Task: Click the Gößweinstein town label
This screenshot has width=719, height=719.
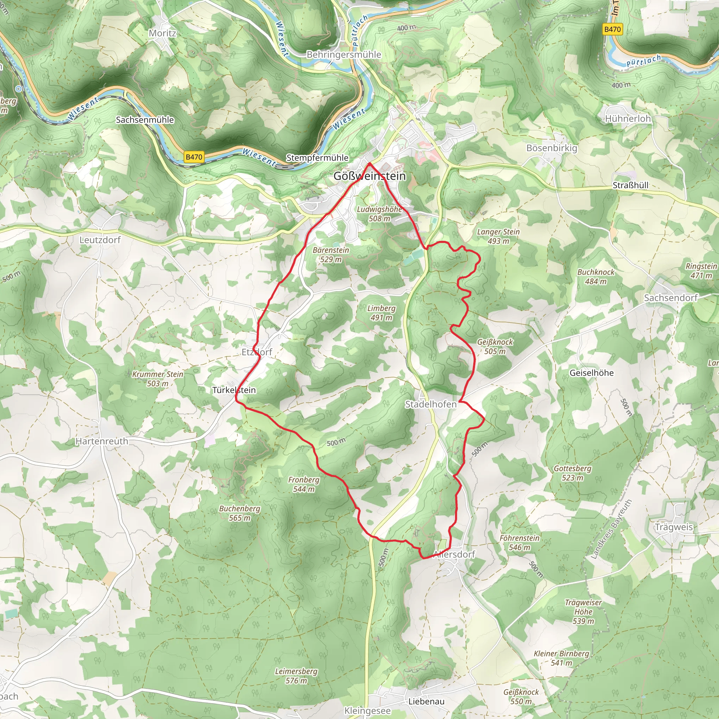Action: click(x=369, y=176)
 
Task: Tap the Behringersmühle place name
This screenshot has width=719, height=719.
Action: click(x=343, y=55)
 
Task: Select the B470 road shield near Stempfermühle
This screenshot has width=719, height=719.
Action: click(x=194, y=157)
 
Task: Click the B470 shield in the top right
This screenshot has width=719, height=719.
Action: click(x=612, y=29)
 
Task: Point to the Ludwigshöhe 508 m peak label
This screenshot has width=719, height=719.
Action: click(x=379, y=214)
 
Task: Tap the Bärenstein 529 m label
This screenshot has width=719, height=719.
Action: click(x=331, y=255)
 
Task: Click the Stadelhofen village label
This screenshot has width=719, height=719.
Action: click(x=430, y=404)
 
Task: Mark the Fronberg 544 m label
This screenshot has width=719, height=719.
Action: click(x=304, y=484)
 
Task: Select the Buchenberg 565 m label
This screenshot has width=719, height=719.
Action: click(x=240, y=513)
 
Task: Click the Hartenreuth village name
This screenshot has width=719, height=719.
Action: click(x=101, y=441)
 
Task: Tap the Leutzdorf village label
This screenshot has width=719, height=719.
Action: click(x=100, y=240)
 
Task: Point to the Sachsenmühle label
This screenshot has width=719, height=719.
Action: click(x=145, y=120)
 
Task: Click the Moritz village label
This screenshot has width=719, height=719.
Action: click(x=162, y=33)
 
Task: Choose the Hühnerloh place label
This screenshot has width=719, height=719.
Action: click(x=628, y=119)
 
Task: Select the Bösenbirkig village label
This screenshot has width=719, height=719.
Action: click(x=552, y=148)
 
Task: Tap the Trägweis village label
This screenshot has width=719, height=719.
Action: click(x=674, y=527)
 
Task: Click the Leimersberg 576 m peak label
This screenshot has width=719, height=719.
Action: click(x=296, y=676)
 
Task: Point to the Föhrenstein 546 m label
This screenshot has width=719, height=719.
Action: click(x=519, y=543)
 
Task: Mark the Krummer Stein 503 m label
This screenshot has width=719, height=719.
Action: click(x=158, y=379)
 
